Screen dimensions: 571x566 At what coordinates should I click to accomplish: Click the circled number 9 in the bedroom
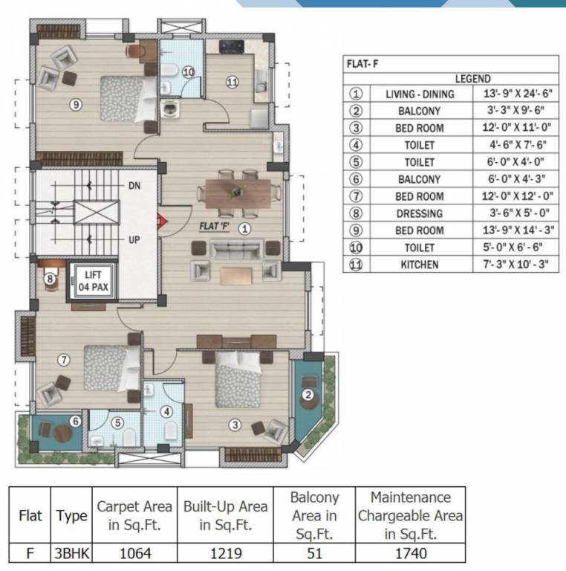pos(75,105)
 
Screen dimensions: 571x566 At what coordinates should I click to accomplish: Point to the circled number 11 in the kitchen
pos(232,82)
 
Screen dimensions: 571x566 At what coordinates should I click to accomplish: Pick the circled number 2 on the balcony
pos(307,394)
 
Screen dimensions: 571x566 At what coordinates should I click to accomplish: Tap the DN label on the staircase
pos(134,184)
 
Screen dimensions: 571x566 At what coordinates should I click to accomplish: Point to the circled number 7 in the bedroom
pos(64,360)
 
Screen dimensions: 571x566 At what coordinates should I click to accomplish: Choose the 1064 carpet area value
pos(134,553)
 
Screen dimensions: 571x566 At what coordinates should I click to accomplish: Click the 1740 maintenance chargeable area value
pos(409,553)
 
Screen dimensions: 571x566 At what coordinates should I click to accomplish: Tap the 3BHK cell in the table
pos(71,553)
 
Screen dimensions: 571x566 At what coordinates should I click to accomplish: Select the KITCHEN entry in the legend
pos(420,265)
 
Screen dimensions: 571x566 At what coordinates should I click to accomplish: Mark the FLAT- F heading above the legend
pos(362,64)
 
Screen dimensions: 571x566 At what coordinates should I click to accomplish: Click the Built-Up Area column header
pos(225,515)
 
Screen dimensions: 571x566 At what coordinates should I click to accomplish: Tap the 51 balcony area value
pos(314,553)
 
